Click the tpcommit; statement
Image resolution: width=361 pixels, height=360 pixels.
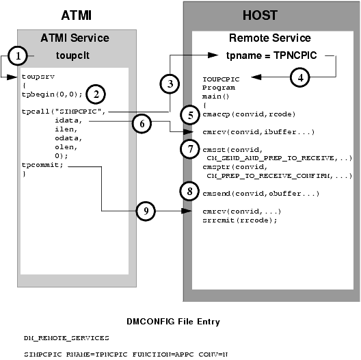pos(40,164)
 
